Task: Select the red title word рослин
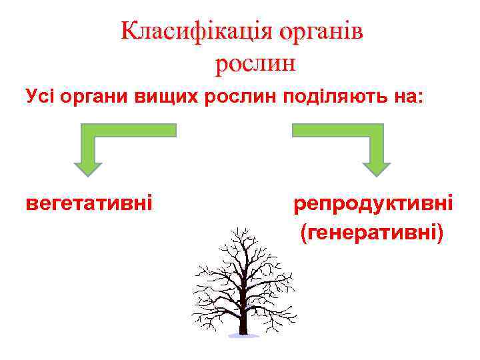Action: (255, 64)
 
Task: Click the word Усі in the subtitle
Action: (39, 97)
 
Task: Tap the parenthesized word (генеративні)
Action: (372, 233)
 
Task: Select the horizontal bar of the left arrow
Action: (133, 130)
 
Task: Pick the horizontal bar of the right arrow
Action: (333, 130)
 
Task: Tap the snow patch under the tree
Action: (243, 335)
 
